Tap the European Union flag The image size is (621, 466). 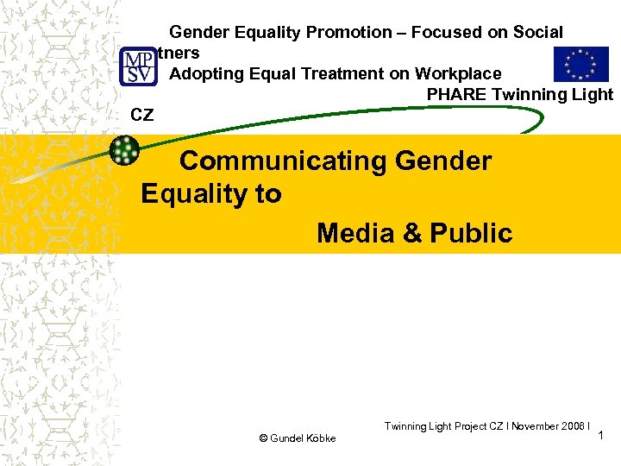(x=580, y=65)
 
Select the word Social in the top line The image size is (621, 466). (x=534, y=33)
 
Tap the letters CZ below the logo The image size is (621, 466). (x=141, y=114)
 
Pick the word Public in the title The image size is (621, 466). (x=471, y=233)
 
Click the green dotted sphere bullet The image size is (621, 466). (x=126, y=150)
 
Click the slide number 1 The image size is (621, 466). (x=604, y=438)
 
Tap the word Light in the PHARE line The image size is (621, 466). (x=593, y=95)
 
